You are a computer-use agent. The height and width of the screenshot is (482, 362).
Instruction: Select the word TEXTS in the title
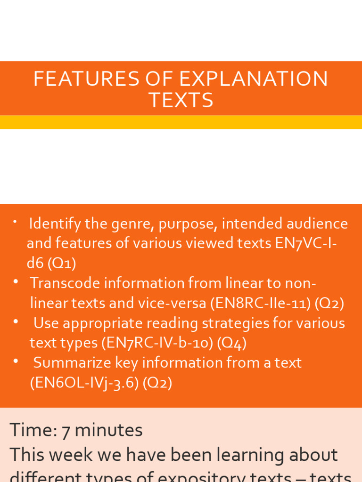181,100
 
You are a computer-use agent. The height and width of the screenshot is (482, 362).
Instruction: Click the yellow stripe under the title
181,122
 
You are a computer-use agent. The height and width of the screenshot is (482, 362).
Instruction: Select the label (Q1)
62,263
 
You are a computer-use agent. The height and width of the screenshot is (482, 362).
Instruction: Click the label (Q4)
231,343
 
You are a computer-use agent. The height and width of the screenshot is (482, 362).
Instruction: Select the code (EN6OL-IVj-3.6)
84,383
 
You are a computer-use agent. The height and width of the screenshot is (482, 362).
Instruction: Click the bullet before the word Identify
16,221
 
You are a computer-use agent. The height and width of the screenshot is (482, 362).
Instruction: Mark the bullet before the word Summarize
16,361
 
